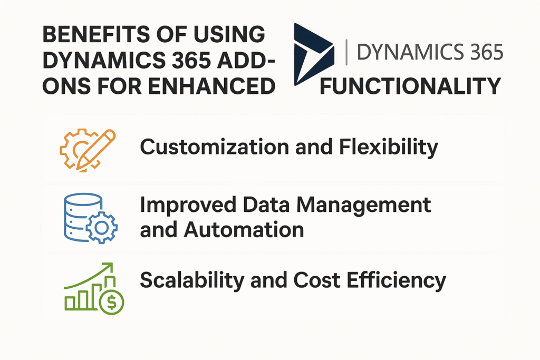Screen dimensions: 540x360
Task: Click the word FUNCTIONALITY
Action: pos(410,86)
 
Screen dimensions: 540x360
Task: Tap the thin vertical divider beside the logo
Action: pos(346,52)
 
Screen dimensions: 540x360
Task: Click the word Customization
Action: pos(215,147)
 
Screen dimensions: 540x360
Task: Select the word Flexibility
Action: pos(389,147)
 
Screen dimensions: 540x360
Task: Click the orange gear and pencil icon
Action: pos(88,150)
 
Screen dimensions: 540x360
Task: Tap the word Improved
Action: pos(188,206)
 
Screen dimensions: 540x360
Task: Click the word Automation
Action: pos(244,230)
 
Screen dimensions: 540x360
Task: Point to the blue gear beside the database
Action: pos(102,228)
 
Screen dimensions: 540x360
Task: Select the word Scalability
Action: pos(192,280)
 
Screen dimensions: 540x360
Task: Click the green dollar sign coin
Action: pos(111,302)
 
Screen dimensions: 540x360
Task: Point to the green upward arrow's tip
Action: pos(112,264)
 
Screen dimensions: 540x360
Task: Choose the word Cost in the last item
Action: pos(317,280)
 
